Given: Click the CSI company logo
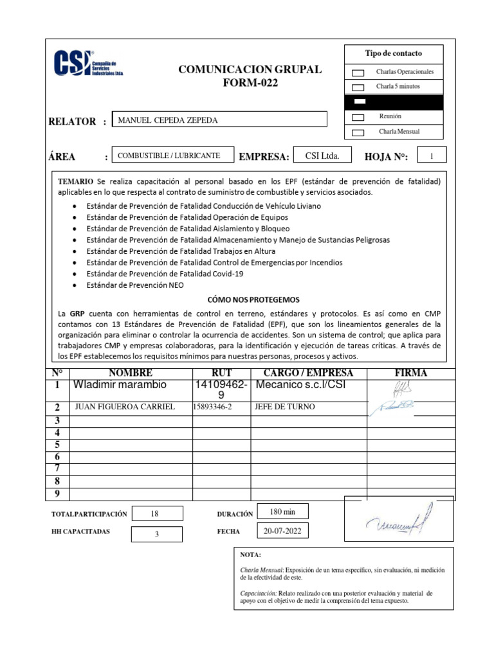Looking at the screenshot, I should pyautogui.click(x=87, y=64).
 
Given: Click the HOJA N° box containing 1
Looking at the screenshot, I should pyautogui.click(x=432, y=156).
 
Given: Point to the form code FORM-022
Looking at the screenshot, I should pyautogui.click(x=251, y=83).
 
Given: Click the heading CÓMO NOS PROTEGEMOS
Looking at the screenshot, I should pyautogui.click(x=253, y=299).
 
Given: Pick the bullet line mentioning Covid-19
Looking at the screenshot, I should pyautogui.click(x=165, y=273).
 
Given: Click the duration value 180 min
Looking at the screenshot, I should pyautogui.click(x=282, y=511).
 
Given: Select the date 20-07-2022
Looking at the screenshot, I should pyautogui.click(x=282, y=531).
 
